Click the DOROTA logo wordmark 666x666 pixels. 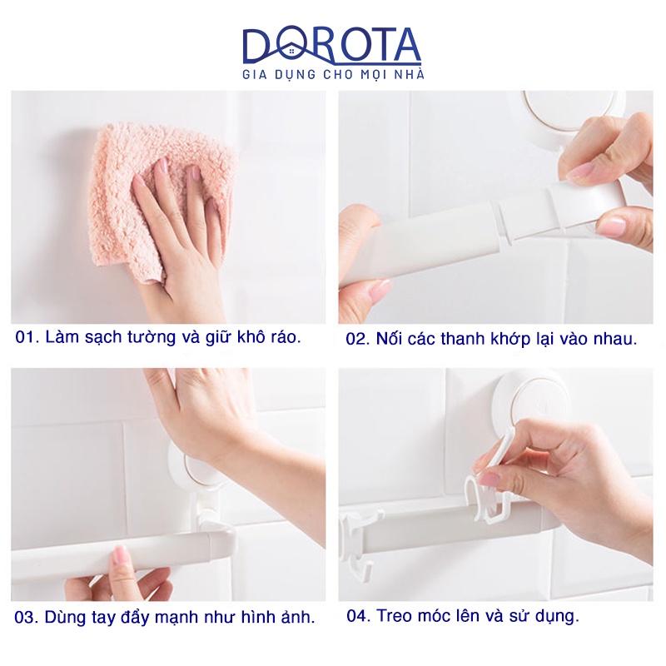coord(331,45)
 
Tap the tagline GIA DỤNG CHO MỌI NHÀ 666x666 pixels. coord(334,74)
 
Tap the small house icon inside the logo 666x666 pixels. coord(291,52)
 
